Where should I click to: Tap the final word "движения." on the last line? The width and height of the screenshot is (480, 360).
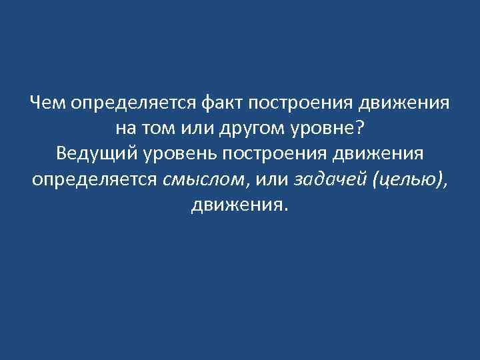click(240, 205)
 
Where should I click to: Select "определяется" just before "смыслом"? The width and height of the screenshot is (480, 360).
click(93, 179)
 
